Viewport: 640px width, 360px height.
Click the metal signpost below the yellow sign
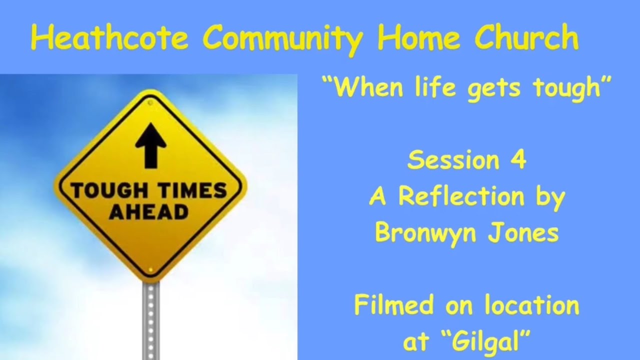point(150,320)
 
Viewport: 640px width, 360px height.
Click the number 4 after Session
point(518,161)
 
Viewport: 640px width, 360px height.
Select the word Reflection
point(461,197)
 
